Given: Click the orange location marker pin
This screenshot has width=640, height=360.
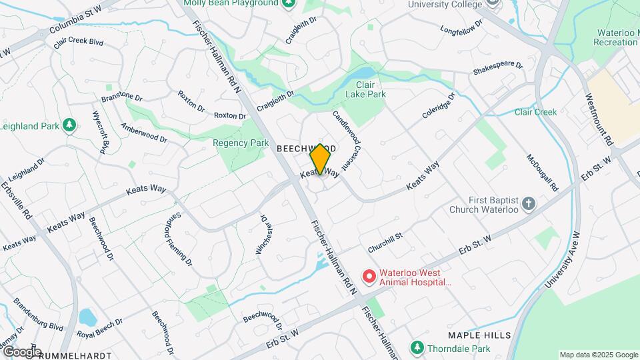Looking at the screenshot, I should click(320, 159).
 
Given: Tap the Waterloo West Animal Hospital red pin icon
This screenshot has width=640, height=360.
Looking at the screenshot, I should click(367, 275).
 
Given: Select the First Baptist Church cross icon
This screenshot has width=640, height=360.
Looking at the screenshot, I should click(528, 203).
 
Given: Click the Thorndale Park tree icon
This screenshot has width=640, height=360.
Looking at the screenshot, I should click(417, 347).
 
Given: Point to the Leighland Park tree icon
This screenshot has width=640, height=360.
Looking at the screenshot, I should click(69, 125).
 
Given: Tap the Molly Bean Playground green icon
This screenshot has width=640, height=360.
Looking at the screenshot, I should click(288, 3).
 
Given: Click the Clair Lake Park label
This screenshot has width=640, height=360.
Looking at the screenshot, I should click(371, 89).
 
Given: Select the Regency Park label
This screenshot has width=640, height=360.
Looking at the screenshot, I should click(241, 143).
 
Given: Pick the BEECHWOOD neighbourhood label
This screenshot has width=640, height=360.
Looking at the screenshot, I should click(307, 148).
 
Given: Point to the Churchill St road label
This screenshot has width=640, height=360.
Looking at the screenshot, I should click(385, 241).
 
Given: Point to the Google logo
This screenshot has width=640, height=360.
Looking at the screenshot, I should click(21, 351).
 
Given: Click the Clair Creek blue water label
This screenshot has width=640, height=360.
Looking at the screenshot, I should click(535, 112).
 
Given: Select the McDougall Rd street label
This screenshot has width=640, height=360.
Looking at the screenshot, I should click(542, 173).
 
